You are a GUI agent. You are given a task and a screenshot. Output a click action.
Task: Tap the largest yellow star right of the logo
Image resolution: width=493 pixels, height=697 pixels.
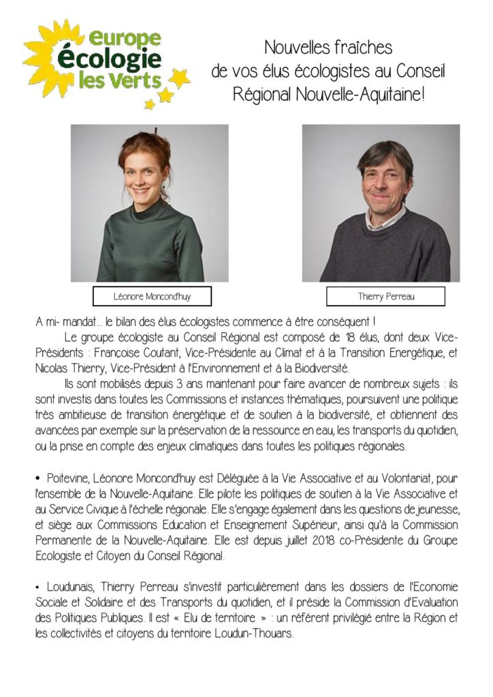(x=179, y=78)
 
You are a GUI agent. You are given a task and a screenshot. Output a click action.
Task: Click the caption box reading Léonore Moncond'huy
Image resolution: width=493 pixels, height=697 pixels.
(x=152, y=296)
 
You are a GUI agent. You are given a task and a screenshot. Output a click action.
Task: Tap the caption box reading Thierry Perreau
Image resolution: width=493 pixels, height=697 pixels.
(x=385, y=296)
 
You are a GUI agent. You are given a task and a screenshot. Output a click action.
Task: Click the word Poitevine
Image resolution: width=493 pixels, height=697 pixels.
(x=70, y=479)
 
